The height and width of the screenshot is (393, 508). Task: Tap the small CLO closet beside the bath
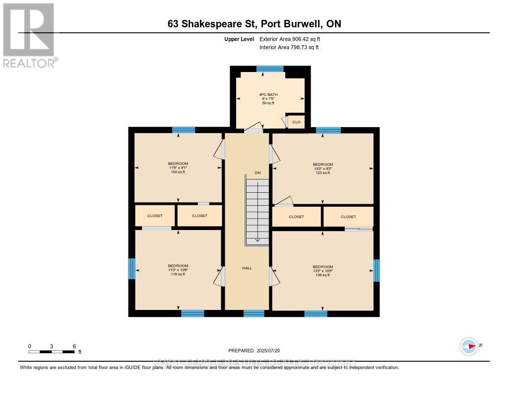tap(296, 122)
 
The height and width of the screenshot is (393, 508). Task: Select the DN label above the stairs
tap(257, 172)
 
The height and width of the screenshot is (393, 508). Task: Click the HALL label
tap(247, 268)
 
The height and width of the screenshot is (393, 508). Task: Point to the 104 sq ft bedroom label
tap(178, 168)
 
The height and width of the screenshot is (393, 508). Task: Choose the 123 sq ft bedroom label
tap(322, 168)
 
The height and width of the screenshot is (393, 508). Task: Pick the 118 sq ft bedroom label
tap(178, 270)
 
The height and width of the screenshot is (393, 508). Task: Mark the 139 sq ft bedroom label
tap(322, 271)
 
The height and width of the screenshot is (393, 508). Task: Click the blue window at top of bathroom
tap(270, 69)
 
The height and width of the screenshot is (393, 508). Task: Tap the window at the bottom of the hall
tap(254, 313)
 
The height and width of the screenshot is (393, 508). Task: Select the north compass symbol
tap(469, 346)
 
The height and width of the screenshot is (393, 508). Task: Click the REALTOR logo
tap(29, 35)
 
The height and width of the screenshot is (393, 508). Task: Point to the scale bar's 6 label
tap(74, 346)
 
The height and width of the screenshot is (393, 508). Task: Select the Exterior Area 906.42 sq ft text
tap(293, 39)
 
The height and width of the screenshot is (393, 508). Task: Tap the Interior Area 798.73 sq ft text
tap(289, 47)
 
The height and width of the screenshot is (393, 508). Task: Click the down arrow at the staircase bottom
tap(257, 240)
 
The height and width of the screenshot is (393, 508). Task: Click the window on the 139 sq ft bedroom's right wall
tap(377, 270)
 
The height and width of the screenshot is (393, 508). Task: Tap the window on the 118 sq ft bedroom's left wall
tap(131, 268)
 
